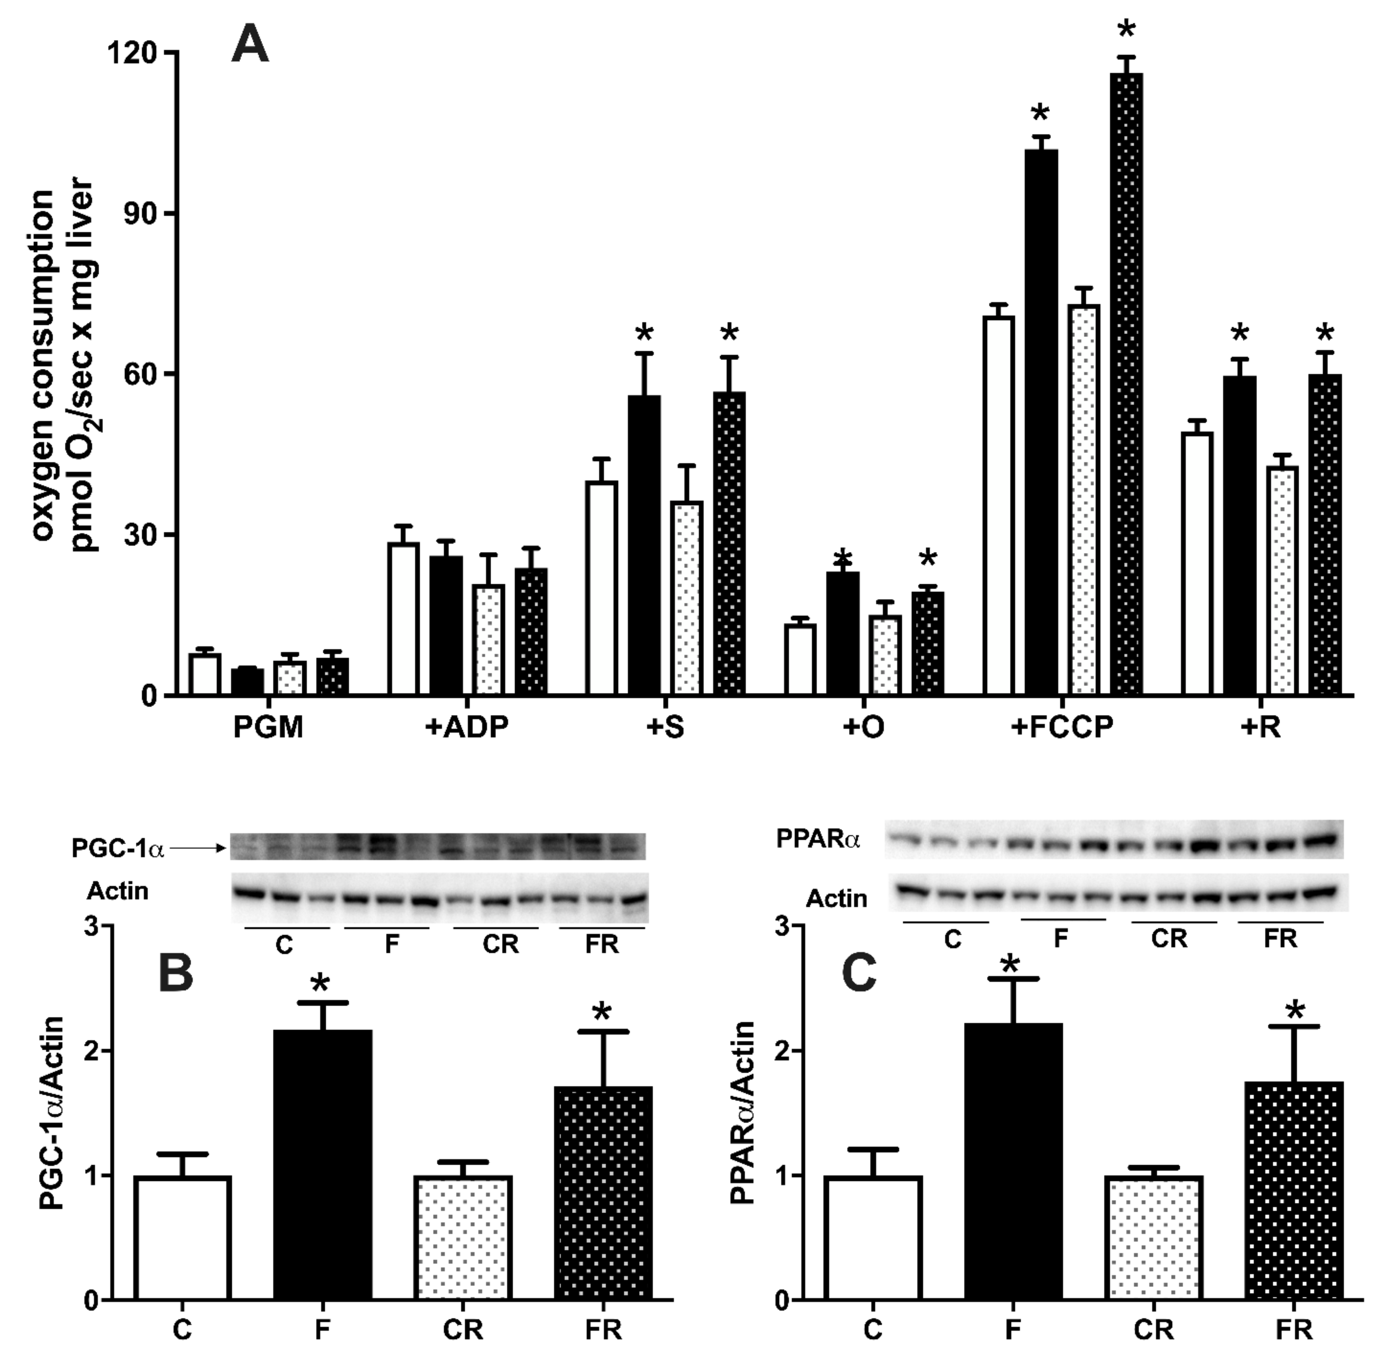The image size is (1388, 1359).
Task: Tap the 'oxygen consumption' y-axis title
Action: coord(44,371)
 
